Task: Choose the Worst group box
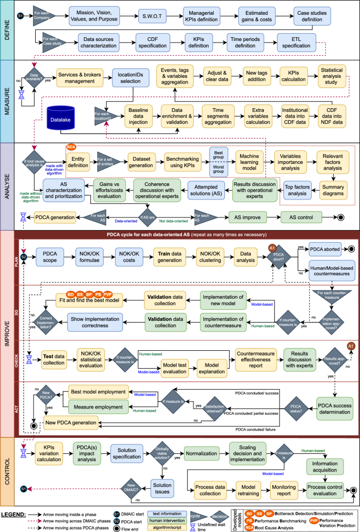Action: (x=217, y=170)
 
